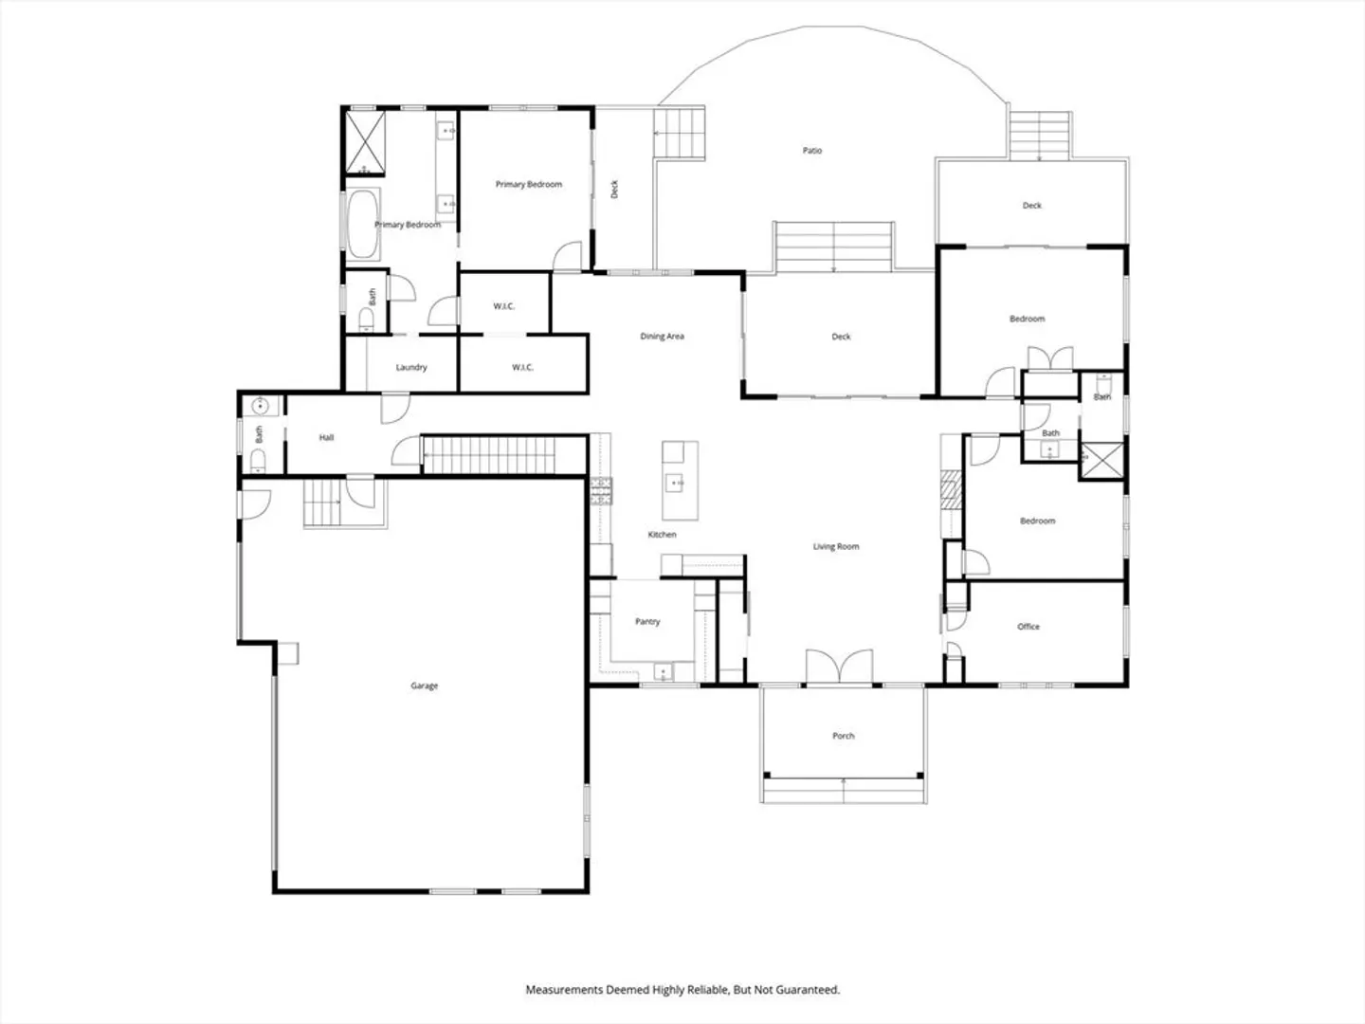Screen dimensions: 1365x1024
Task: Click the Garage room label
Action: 424,686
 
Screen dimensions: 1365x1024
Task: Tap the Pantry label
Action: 647,621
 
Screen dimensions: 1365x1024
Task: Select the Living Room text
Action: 836,546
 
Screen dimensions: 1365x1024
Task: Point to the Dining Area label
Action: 662,337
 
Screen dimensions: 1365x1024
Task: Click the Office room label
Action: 1028,627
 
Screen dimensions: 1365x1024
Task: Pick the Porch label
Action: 844,736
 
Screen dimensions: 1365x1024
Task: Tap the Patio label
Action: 812,151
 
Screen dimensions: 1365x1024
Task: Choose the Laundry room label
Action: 411,368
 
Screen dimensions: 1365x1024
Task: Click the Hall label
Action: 326,438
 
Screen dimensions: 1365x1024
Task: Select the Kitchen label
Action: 662,535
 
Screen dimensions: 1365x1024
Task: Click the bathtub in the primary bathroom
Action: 362,223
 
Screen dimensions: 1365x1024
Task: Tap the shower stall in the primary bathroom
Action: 365,142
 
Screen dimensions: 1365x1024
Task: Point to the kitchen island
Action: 680,481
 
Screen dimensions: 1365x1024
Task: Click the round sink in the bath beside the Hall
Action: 260,407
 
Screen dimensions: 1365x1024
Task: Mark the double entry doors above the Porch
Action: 840,666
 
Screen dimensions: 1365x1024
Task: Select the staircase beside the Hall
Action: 488,456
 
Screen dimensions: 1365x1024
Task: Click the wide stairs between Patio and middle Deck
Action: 833,247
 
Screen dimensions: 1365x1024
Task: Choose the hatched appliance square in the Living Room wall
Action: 950,490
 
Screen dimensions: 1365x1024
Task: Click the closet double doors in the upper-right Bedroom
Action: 1049,358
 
